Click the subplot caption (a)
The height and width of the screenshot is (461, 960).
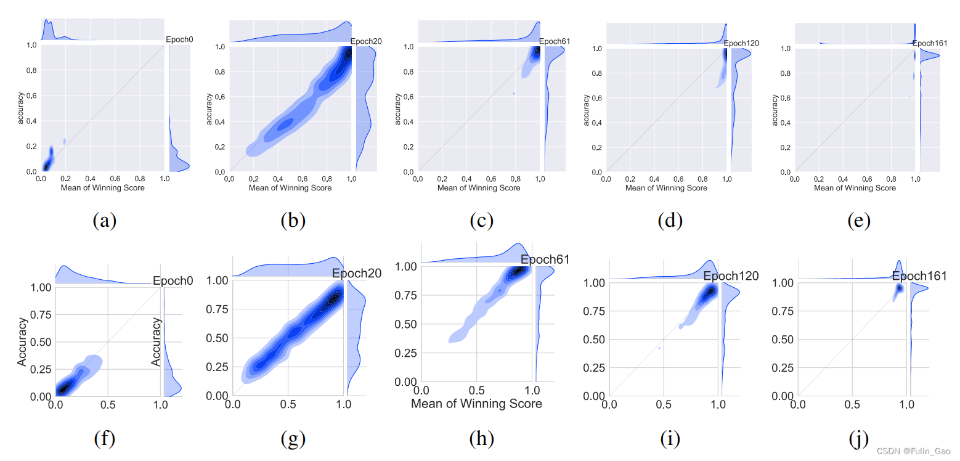tap(104, 221)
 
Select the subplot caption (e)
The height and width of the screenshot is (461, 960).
tap(858, 221)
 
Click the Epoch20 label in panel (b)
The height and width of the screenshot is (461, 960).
tap(365, 41)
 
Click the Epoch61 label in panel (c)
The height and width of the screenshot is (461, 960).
tap(555, 41)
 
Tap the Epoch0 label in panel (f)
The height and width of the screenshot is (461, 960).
tap(173, 280)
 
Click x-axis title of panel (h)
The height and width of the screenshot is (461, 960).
tap(476, 404)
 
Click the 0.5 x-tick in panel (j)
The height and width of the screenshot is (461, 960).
tap(852, 405)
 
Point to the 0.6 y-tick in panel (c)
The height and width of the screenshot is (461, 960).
tap(407, 96)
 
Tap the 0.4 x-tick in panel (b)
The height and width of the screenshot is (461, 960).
tap(279, 179)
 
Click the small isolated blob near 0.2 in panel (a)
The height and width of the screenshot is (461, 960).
tap(64, 142)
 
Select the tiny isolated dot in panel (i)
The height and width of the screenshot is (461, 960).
tap(659, 348)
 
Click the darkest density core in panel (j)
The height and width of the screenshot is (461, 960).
tap(899, 288)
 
